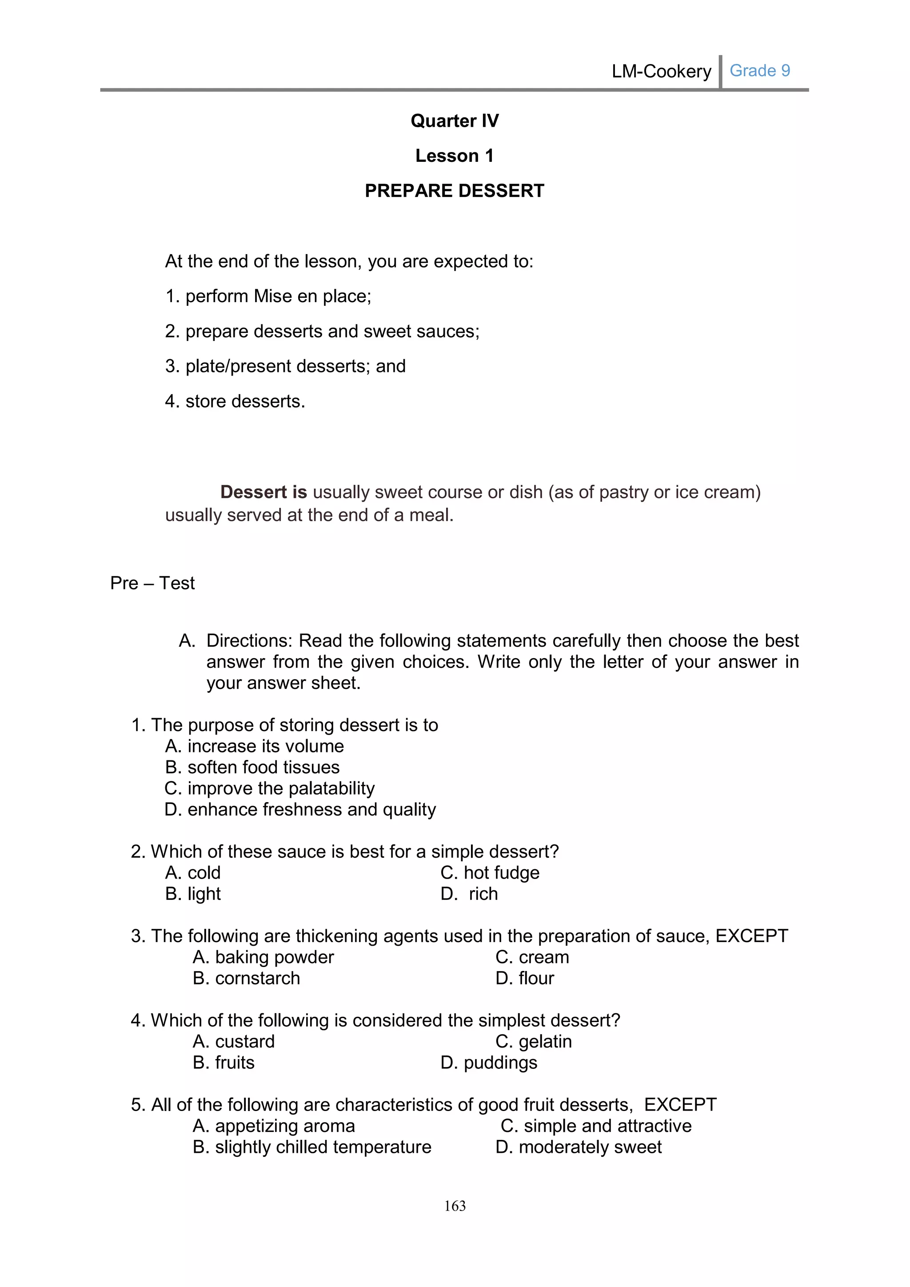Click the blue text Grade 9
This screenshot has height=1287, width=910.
(x=759, y=71)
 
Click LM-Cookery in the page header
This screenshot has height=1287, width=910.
(x=661, y=71)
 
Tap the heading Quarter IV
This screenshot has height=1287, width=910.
(x=455, y=120)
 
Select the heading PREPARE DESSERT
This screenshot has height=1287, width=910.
(x=455, y=191)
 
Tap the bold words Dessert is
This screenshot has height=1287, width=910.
(x=263, y=492)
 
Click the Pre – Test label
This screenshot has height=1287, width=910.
(x=152, y=583)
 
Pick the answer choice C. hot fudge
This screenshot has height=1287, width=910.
(x=490, y=873)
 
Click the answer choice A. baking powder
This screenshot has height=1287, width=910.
(x=263, y=957)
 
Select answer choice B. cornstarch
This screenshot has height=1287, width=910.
(x=246, y=978)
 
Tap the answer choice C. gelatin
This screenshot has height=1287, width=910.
(x=534, y=1042)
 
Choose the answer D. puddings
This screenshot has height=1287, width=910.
(x=489, y=1062)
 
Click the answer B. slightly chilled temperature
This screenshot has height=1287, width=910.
(x=311, y=1147)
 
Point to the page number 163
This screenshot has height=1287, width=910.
(x=455, y=1206)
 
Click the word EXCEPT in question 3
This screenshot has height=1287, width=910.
(x=751, y=935)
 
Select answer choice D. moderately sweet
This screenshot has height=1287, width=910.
(x=578, y=1147)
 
